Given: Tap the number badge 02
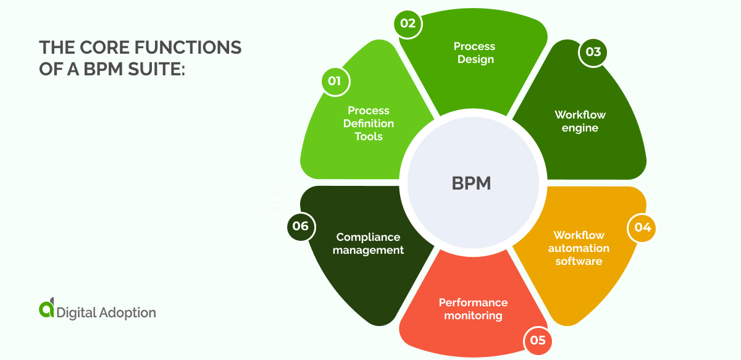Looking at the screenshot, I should pyautogui.click(x=408, y=24).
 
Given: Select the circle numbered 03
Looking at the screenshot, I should pyautogui.click(x=593, y=52).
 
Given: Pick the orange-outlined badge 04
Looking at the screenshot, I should pyautogui.click(x=642, y=227).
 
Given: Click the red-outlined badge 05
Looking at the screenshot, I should pyautogui.click(x=538, y=340).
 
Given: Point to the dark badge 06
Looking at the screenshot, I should pyautogui.click(x=301, y=226).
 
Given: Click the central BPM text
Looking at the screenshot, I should pyautogui.click(x=471, y=183).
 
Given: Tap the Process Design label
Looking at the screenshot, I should pyautogui.click(x=474, y=53).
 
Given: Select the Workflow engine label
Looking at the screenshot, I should pyautogui.click(x=580, y=122).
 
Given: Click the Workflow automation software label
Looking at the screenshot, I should pyautogui.click(x=579, y=248).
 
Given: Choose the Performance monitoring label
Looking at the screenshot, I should pyautogui.click(x=473, y=309).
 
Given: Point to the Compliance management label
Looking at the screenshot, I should pyautogui.click(x=368, y=243).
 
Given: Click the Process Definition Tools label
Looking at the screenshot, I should pyautogui.click(x=369, y=123).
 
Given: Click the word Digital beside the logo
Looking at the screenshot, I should pyautogui.click(x=77, y=312).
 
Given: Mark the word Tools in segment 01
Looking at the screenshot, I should pyautogui.click(x=369, y=136).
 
